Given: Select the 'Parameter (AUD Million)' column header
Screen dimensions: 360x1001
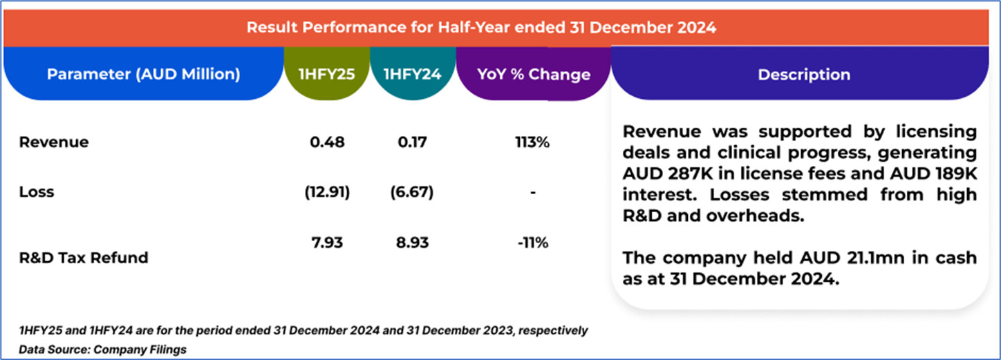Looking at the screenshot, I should (x=143, y=74).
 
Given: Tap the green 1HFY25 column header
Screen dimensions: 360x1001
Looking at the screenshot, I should (x=327, y=74).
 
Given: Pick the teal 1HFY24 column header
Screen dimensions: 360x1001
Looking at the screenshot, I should (x=412, y=74).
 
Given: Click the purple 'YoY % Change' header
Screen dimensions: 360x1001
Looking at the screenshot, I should (x=533, y=75).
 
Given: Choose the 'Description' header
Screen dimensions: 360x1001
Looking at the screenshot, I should (x=803, y=75).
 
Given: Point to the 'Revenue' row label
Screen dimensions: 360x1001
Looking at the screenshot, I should (x=54, y=142).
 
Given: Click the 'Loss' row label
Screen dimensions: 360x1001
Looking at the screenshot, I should (x=36, y=192).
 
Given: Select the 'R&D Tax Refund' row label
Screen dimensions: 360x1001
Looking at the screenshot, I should (x=84, y=258).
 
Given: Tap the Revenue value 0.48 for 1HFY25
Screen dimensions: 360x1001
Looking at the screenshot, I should (x=327, y=142).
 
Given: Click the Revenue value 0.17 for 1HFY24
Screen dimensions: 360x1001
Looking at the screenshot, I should (x=412, y=142).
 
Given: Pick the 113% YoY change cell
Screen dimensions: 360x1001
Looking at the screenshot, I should (x=533, y=142).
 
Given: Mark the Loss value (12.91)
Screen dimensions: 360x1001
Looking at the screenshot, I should (x=327, y=192).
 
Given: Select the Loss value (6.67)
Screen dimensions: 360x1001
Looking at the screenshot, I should (x=412, y=192).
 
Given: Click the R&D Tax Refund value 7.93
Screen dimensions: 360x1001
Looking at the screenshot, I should (x=327, y=243).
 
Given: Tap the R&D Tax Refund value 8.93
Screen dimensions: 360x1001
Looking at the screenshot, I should (x=412, y=243).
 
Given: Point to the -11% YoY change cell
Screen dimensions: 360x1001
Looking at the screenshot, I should (x=533, y=243).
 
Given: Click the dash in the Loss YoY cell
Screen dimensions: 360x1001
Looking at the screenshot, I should (x=533, y=192).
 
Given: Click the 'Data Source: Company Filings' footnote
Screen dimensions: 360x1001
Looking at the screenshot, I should (x=103, y=349).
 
